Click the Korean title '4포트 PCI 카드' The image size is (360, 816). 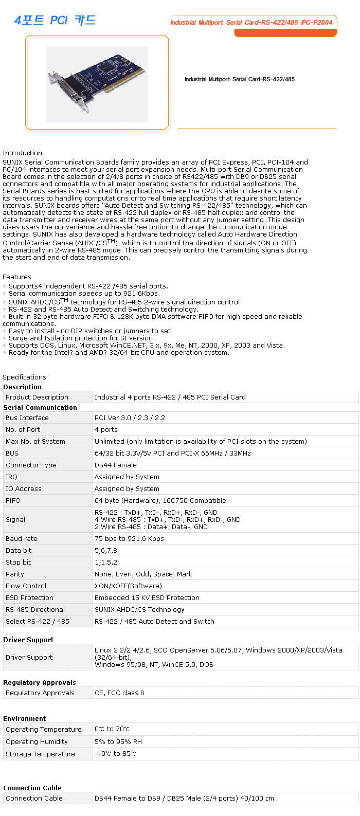55,20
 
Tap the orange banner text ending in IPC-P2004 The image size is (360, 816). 251,22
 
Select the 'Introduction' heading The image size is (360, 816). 22,153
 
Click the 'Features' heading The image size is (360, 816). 17,277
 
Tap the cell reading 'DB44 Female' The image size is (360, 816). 115,465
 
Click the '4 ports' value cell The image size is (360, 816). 106,429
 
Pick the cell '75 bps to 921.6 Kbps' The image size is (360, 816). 129,538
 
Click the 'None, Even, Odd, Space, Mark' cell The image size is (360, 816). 143,574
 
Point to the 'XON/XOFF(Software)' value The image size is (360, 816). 128,586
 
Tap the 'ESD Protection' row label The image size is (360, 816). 29,597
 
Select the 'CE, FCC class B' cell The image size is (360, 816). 119,693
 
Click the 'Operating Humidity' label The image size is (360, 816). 37,741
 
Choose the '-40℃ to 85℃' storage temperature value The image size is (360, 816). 115,753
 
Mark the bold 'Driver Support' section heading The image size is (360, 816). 28,640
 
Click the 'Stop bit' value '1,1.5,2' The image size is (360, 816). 106,562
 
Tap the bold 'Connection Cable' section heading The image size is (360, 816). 32,788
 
